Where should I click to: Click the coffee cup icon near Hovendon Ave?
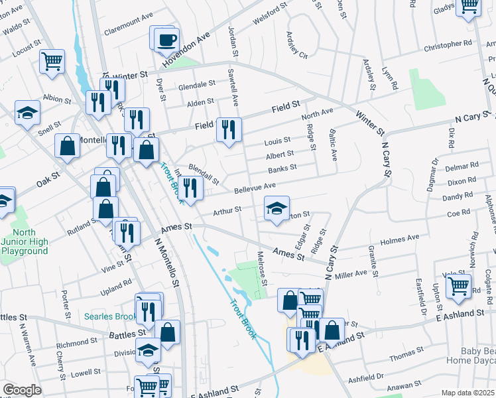[x=166, y=38]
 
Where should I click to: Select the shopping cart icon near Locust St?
[x=52, y=62]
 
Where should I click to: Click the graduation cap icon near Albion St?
[x=27, y=113]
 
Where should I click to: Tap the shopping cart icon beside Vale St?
[x=458, y=287]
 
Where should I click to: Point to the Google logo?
[x=22, y=390]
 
